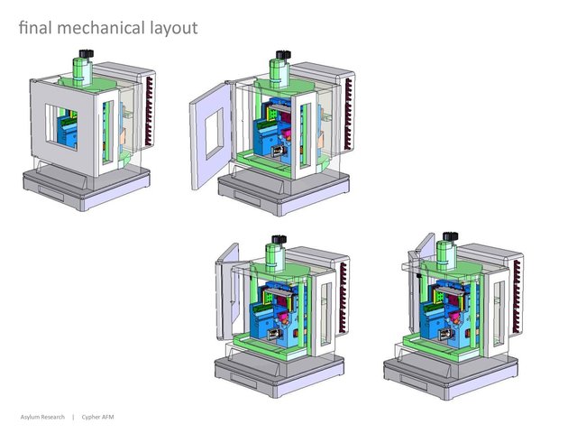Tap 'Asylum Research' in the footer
point(42,417)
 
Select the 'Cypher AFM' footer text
point(97,417)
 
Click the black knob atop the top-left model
point(87,54)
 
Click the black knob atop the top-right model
point(283,55)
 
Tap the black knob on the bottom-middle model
point(279,240)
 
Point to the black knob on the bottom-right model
point(451,236)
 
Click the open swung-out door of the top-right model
point(210,136)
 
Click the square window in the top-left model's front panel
point(61,127)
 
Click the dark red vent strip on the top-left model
point(149,111)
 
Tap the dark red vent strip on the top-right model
point(348,114)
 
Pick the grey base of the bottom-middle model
point(279,373)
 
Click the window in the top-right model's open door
point(215,134)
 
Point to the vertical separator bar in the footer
point(73,417)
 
